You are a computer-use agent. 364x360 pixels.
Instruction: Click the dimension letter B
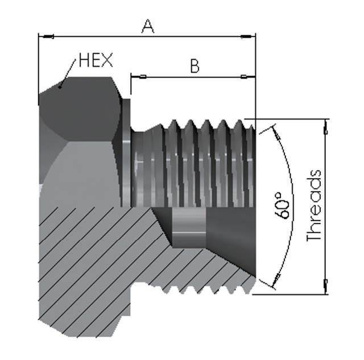195,66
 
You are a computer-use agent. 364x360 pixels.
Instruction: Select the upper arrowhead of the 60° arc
276,134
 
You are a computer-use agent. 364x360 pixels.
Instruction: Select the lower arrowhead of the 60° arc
276,279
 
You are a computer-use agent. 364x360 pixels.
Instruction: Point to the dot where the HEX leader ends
61,87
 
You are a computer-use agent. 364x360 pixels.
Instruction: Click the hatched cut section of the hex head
85,267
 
